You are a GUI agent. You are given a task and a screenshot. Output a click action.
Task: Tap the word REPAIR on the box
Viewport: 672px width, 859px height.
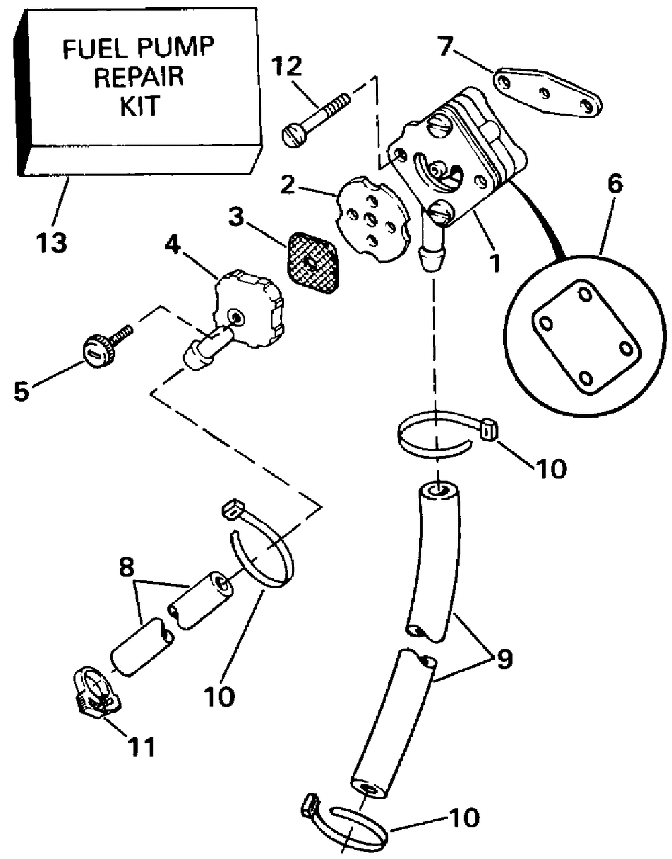tap(139, 77)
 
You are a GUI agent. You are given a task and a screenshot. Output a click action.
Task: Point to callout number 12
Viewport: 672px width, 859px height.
tap(287, 66)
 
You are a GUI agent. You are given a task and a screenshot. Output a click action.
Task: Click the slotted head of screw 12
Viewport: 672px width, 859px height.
tap(294, 136)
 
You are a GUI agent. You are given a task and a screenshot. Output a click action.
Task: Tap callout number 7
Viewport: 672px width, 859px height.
tap(446, 46)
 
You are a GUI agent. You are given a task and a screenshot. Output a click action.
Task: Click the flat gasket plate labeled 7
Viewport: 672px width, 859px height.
tap(547, 93)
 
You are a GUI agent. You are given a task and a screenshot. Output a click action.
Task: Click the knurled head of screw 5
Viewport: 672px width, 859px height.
tap(97, 346)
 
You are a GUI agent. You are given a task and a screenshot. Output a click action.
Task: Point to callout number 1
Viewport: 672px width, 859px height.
tap(494, 263)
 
